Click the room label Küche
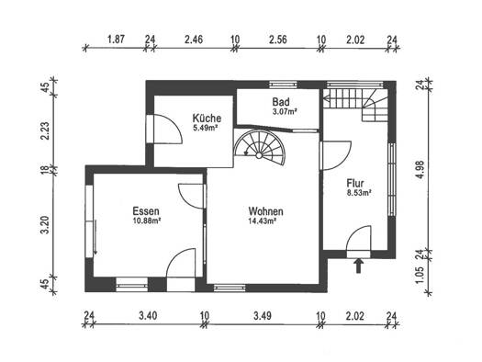tap(207, 119)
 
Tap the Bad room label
tap(281, 102)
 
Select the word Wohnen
tap(266, 211)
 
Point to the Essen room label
tap(146, 211)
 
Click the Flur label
tap(355, 184)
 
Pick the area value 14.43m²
tap(262, 221)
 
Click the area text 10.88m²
tap(147, 221)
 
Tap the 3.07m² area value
tap(285, 111)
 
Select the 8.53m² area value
tap(359, 193)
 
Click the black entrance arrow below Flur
tap(358, 266)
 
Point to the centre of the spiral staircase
tap(259, 155)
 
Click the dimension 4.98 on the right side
tap(420, 169)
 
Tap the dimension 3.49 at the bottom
tap(263, 315)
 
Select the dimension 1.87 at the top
tap(116, 40)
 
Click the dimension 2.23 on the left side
tap(45, 131)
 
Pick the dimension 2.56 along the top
tap(278, 40)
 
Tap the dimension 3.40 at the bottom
tap(148, 315)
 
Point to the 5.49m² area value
tap(205, 128)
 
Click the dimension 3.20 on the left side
tap(45, 225)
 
